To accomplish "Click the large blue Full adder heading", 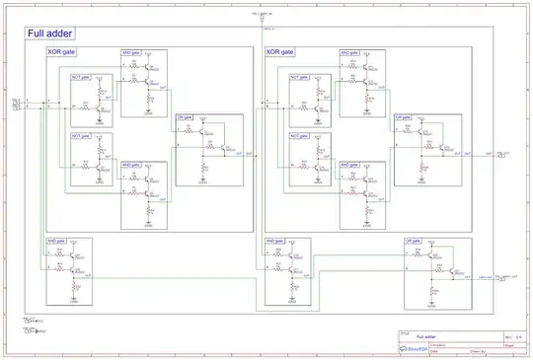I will click(x=47, y=34).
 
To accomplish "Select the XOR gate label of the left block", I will click(x=61, y=51).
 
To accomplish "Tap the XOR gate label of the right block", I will click(x=280, y=51).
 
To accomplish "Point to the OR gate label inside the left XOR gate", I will click(x=185, y=116).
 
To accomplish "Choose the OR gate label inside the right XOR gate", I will click(x=404, y=116).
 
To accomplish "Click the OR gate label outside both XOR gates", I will click(x=414, y=240).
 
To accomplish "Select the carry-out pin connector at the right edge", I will click(x=502, y=279).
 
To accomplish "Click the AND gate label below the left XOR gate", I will click(x=55, y=240).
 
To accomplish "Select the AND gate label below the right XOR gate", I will click(x=275, y=240).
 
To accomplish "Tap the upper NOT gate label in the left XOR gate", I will click(x=80, y=76).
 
